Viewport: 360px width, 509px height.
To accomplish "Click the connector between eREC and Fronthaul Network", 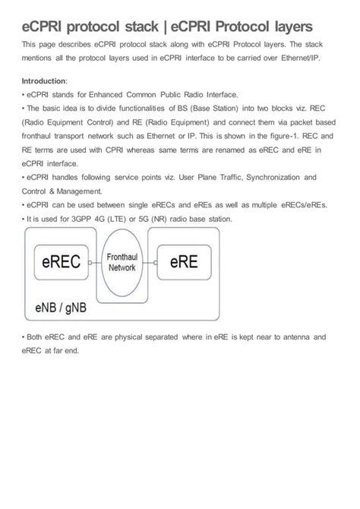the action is click(90, 263).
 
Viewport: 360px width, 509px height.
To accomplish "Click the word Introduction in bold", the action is click(44, 81).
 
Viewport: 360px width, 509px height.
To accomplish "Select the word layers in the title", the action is click(284, 27).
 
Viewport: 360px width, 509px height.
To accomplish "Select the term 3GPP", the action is click(78, 219).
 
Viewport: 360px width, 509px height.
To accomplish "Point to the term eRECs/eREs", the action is click(304, 204).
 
